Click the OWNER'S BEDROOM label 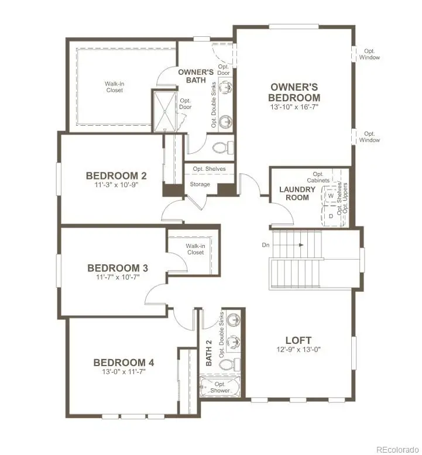pyautogui.click(x=294, y=92)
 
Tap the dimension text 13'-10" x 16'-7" pyautogui.click(x=294, y=108)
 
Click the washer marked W pyautogui.click(x=331, y=196)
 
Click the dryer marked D pyautogui.click(x=331, y=216)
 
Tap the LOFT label pyautogui.click(x=298, y=340)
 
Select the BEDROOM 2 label pyautogui.click(x=116, y=175)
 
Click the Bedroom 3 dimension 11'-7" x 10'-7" pyautogui.click(x=117, y=278)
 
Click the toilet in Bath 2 pyautogui.click(x=227, y=364)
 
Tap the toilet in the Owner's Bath pyautogui.click(x=222, y=146)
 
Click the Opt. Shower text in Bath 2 pyautogui.click(x=221, y=387)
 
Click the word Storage pyautogui.click(x=200, y=185)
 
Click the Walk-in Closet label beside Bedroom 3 pyautogui.click(x=195, y=249)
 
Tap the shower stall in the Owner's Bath pyautogui.click(x=164, y=111)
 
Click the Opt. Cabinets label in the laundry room pyautogui.click(x=318, y=178)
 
